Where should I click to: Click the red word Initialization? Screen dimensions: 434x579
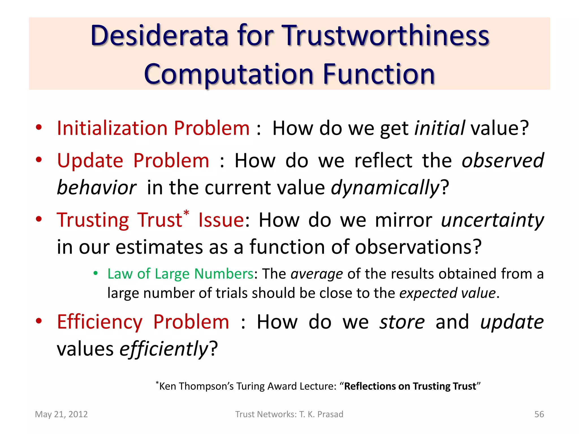point(112,128)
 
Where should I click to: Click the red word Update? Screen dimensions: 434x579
point(90,160)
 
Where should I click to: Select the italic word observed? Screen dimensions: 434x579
point(502,160)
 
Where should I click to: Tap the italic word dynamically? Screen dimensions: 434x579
point(385,188)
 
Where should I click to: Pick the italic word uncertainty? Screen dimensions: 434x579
point(492,220)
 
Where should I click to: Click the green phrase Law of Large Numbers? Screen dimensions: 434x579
point(180,274)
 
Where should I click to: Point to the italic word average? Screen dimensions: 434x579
point(317,274)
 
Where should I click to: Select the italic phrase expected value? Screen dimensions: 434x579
point(447,293)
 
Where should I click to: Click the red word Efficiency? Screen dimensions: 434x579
point(100,322)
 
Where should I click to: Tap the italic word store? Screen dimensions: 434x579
point(402,322)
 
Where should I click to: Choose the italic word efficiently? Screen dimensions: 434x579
point(164,349)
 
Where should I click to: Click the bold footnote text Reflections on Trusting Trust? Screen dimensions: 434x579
point(410,386)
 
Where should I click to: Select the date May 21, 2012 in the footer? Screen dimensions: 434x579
point(61,414)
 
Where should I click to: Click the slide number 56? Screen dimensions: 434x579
point(539,414)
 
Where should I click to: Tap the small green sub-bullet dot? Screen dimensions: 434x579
point(96,273)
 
